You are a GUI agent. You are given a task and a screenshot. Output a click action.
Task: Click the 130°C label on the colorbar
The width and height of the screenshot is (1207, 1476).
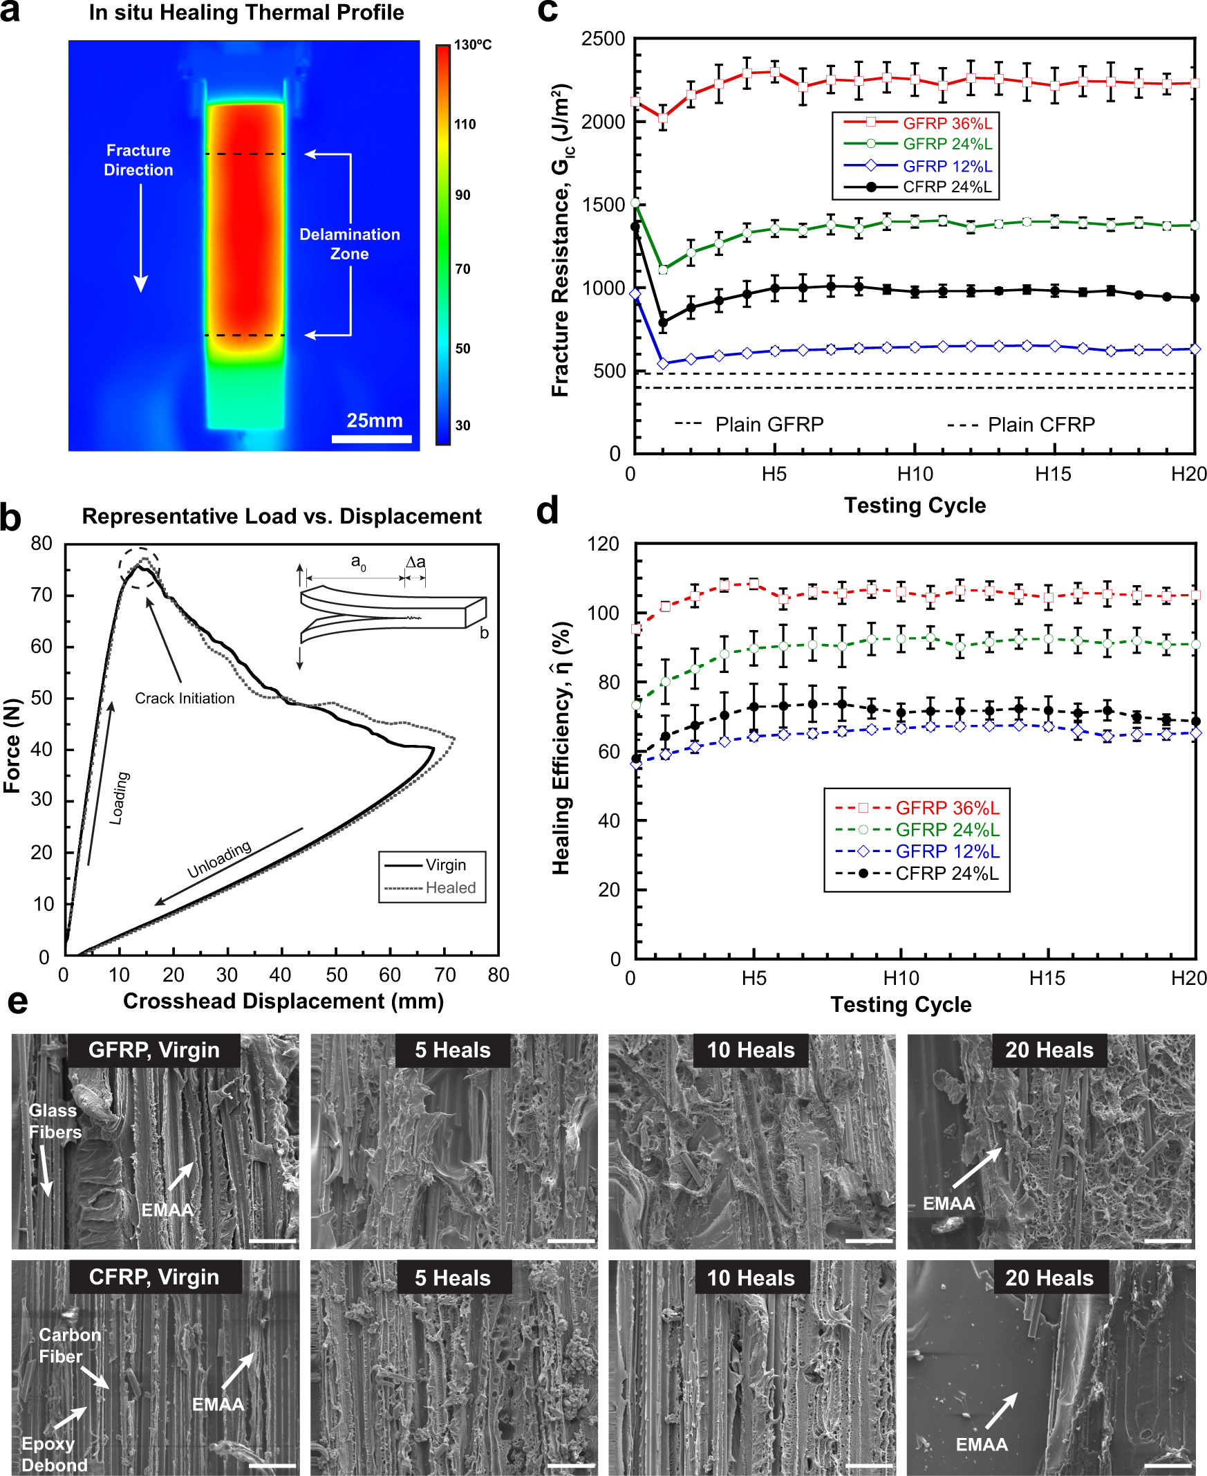(472, 45)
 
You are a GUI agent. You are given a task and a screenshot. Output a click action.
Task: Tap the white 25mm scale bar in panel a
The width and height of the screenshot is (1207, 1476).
(371, 439)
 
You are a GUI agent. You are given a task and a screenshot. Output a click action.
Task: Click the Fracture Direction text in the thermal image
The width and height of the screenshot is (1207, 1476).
(138, 160)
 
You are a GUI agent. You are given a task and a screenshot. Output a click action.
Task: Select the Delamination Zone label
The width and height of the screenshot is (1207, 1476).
(350, 244)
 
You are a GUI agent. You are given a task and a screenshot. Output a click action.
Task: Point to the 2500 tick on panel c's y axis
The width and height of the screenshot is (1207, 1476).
(603, 39)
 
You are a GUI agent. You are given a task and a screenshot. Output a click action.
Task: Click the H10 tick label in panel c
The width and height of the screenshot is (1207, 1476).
(915, 474)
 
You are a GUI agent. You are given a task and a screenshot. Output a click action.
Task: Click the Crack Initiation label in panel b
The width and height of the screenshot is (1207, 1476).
(185, 699)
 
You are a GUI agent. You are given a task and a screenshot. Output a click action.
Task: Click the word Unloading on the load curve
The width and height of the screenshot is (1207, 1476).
(219, 860)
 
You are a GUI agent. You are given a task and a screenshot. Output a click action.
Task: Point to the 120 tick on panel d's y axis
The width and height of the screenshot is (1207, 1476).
(603, 544)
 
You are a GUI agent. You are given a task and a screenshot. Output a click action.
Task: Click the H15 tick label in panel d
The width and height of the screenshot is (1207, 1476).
(1047, 979)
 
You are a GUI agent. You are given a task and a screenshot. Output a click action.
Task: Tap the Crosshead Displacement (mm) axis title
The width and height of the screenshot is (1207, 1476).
(283, 1001)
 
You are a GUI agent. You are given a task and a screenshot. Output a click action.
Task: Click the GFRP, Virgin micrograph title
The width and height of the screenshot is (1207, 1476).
(153, 1050)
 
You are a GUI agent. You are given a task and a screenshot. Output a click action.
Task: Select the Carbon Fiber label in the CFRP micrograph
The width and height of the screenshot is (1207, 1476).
(70, 1345)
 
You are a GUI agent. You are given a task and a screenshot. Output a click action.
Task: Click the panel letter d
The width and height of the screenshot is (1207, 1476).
(548, 511)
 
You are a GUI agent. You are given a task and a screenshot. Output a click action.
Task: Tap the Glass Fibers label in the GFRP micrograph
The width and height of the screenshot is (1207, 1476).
(55, 1121)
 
